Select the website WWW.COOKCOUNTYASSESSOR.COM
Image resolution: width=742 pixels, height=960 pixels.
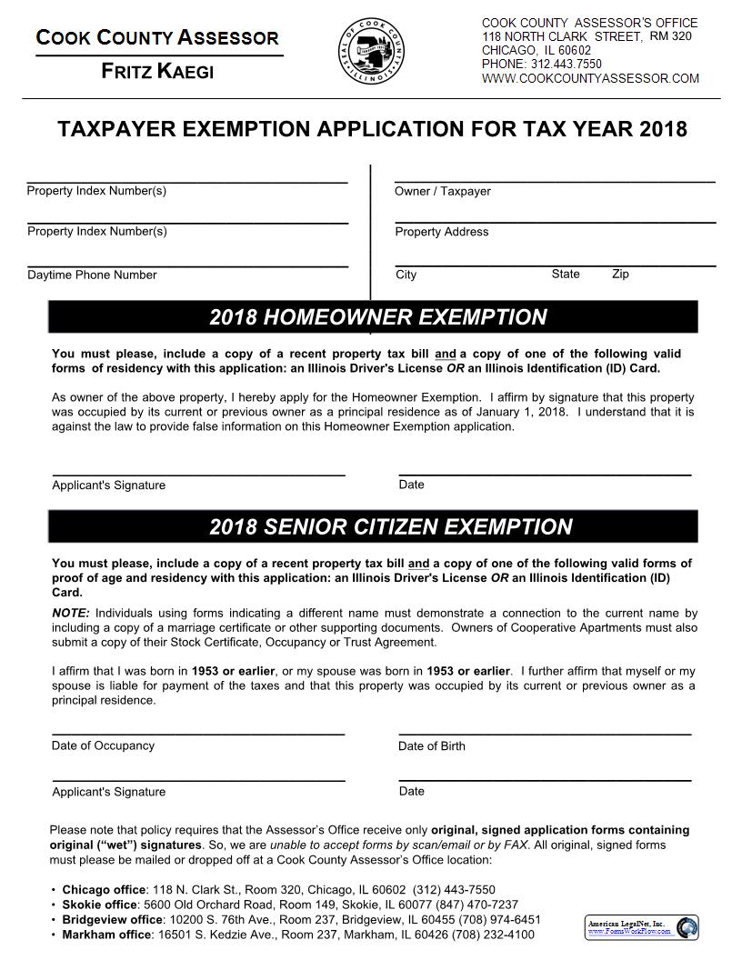click(590, 79)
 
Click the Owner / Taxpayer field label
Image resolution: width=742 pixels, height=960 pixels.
click(442, 191)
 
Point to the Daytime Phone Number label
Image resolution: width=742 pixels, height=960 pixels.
click(92, 275)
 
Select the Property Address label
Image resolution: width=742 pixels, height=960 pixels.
click(441, 232)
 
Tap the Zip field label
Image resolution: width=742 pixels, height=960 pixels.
click(620, 274)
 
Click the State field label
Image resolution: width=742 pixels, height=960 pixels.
click(565, 274)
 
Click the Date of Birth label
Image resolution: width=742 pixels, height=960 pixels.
click(431, 746)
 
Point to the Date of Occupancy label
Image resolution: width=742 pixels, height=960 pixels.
click(103, 745)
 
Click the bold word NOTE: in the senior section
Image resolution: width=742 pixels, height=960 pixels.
click(71, 613)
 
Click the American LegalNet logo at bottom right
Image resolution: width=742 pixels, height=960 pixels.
click(641, 927)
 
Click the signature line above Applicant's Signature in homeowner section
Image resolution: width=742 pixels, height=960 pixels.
click(198, 475)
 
